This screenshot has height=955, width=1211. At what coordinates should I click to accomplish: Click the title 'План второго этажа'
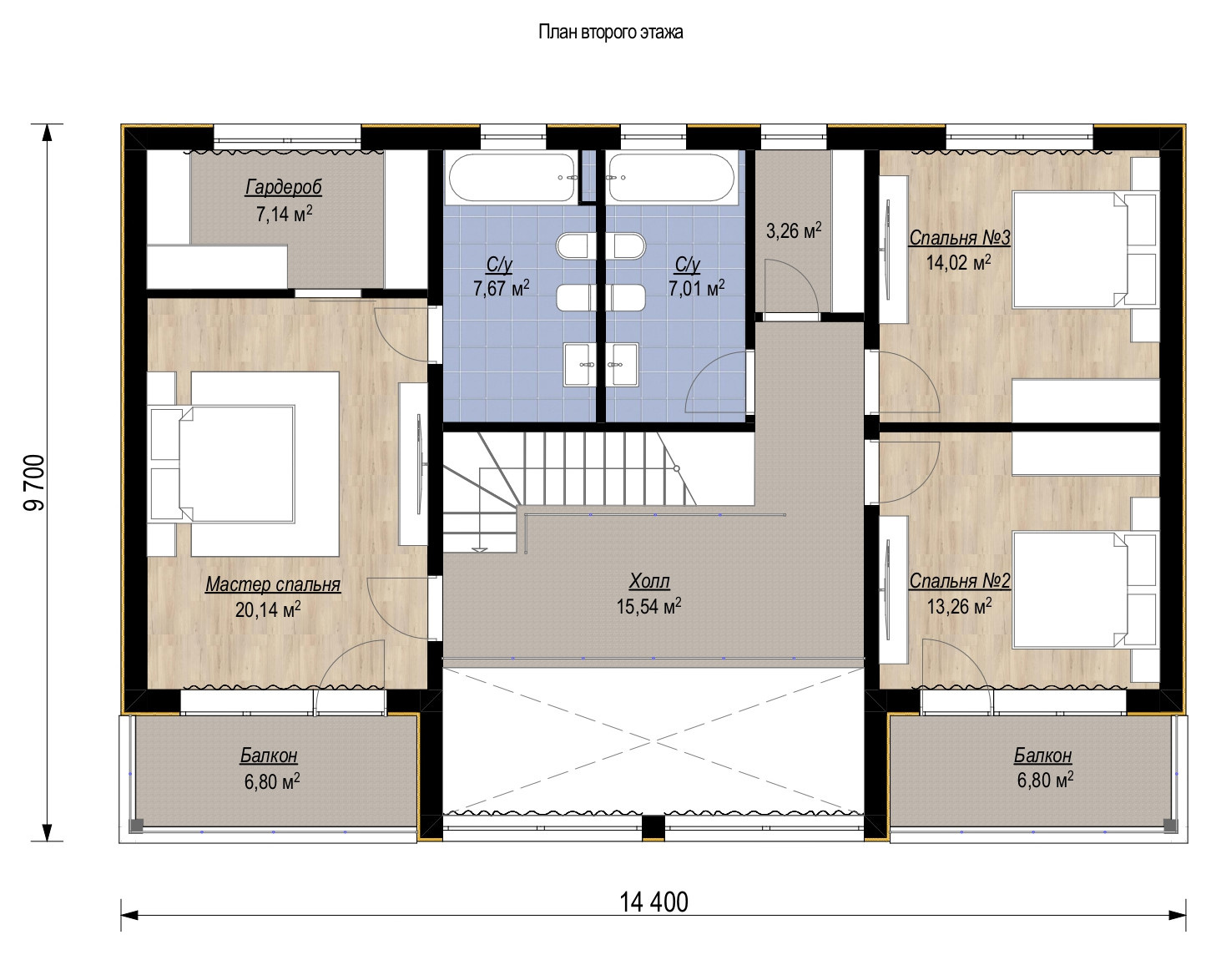(x=610, y=33)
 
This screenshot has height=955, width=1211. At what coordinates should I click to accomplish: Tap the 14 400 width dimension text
(x=653, y=902)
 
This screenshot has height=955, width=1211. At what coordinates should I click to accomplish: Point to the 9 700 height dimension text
(x=35, y=482)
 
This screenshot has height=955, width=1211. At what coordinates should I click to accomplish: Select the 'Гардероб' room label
(x=283, y=187)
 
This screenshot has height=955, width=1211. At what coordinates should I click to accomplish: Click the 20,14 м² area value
(x=267, y=610)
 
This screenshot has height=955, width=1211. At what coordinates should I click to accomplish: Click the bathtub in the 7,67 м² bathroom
(x=512, y=178)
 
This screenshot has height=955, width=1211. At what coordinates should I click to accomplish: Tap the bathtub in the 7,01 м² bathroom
(x=671, y=178)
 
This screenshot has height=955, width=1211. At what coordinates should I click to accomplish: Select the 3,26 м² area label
(x=793, y=230)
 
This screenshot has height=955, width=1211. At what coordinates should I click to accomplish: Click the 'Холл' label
(x=649, y=582)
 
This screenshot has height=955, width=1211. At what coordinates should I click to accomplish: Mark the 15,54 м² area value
(x=648, y=607)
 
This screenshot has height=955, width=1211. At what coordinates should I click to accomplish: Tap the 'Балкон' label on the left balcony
(x=269, y=756)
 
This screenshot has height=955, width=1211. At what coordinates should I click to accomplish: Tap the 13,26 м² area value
(x=959, y=605)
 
